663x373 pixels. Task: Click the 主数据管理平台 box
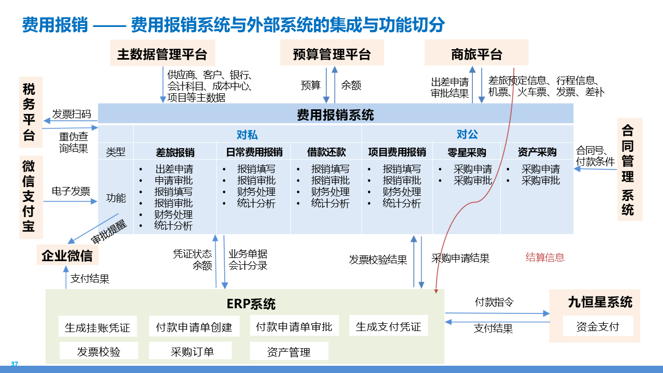(162, 53)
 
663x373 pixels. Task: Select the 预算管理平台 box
(331, 53)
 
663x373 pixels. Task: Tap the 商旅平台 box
(476, 53)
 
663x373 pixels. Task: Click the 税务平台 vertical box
(29, 111)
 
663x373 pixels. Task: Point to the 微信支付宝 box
(29, 196)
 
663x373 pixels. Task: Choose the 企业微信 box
(67, 255)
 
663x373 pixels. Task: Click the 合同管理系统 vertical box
(629, 169)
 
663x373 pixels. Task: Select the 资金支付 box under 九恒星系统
(598, 326)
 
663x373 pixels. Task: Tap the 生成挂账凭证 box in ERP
(97, 327)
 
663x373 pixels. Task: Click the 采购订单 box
(192, 352)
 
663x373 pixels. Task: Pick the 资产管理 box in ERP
(289, 352)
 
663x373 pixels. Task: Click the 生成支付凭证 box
(388, 326)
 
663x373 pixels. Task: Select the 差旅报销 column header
(175, 152)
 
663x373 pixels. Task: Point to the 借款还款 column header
(326, 152)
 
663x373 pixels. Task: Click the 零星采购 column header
(467, 152)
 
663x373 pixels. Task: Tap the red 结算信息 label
(545, 257)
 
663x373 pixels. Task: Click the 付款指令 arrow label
(494, 302)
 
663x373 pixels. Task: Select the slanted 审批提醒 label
(109, 232)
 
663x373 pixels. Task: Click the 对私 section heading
(247, 135)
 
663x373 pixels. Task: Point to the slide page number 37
(15, 364)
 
